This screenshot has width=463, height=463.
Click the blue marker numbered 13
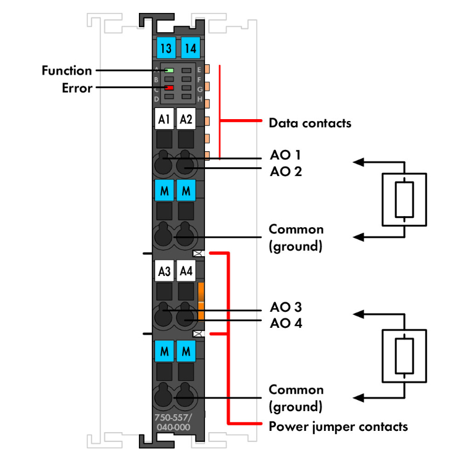point(164,48)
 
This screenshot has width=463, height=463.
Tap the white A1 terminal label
point(164,119)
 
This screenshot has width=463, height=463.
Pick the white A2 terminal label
point(186,119)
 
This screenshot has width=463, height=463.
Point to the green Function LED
point(169,71)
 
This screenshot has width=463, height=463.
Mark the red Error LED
point(169,88)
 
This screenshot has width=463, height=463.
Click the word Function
point(67,71)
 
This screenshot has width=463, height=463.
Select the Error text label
point(77,88)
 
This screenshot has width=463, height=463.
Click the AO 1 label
point(285,154)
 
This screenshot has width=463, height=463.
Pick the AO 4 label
point(286,323)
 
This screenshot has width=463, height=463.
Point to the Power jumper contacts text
point(338,427)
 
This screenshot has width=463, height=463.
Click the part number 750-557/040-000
point(173,422)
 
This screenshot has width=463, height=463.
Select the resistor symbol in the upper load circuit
point(404,199)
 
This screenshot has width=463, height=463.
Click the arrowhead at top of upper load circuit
point(357,162)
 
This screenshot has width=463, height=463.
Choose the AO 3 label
point(286,307)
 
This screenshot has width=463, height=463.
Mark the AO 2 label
point(285,171)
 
